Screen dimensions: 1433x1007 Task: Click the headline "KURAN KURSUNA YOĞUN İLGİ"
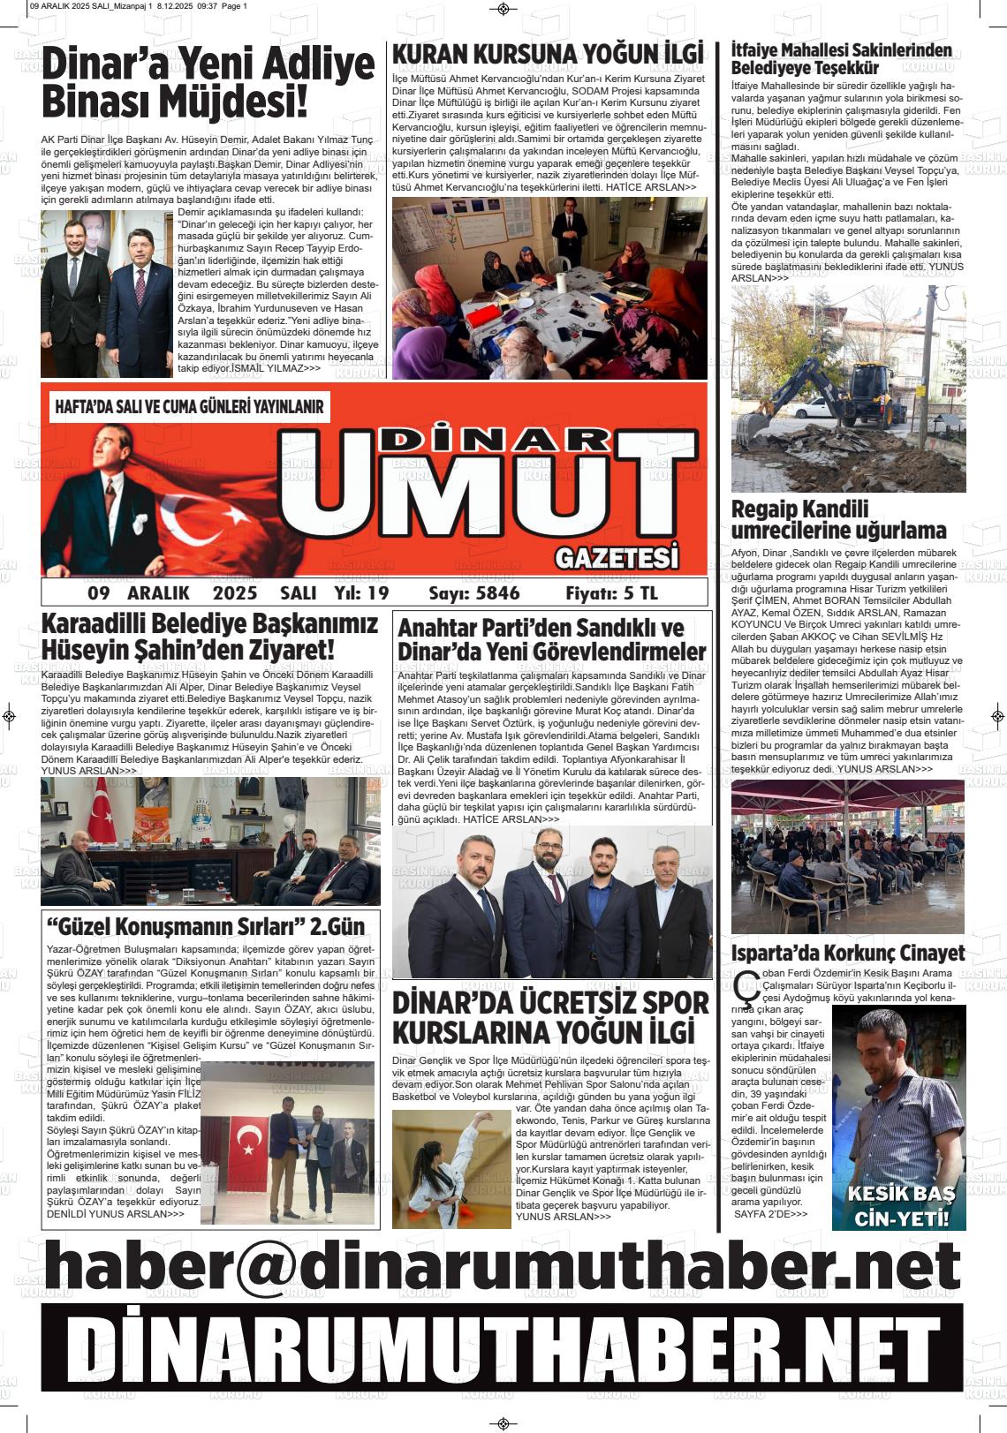[x=548, y=55]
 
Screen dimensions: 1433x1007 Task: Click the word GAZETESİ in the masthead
[x=617, y=558]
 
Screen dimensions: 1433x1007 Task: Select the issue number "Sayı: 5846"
[x=473, y=593]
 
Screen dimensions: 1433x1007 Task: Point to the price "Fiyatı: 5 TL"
[x=611, y=593]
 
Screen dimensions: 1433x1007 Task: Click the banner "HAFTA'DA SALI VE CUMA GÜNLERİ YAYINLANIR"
[x=189, y=408]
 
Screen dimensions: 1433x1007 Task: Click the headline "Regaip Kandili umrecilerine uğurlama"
[x=838, y=520]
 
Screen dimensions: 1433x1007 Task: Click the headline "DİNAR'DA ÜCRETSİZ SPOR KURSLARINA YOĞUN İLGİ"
[x=549, y=1017]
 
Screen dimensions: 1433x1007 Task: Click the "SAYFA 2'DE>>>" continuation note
[x=770, y=1214]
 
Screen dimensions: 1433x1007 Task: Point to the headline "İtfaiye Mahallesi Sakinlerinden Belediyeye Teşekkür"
[x=841, y=58]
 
